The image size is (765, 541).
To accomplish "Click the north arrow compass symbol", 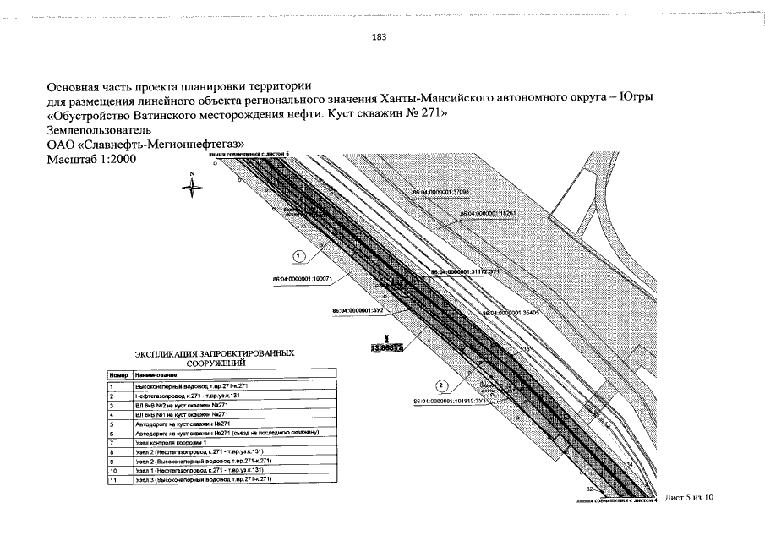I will pos(192,185).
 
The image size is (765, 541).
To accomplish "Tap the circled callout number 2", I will pos(440,385).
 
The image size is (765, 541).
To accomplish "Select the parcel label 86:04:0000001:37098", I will pos(440,193).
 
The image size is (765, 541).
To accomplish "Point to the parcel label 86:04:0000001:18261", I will pos(488,214).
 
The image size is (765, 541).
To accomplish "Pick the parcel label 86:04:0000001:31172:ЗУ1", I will pos(467,271).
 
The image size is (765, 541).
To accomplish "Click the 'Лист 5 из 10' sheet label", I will pos(689,497).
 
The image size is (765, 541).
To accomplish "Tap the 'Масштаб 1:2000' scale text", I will pos(90,159).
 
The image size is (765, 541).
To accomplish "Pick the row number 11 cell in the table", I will pos(112,481).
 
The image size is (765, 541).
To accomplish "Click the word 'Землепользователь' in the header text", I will pos(99,130).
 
